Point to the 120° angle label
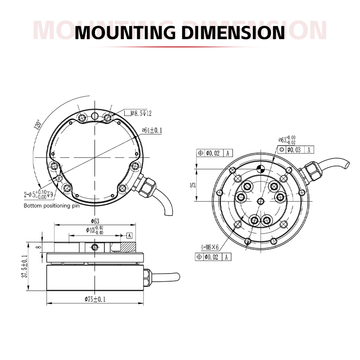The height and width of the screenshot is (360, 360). (x=37, y=125)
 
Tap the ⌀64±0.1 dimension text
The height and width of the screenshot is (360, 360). (x=152, y=130)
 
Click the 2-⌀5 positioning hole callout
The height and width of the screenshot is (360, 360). (x=38, y=195)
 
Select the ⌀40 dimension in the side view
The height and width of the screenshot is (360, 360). (x=94, y=230)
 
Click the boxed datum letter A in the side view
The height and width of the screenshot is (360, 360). (x=130, y=235)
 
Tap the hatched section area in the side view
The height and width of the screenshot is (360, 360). (x=128, y=247)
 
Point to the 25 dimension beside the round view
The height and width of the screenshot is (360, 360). (x=193, y=184)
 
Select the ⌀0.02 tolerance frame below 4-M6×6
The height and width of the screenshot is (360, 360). (x=213, y=257)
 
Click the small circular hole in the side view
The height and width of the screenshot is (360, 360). (x=94, y=247)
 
